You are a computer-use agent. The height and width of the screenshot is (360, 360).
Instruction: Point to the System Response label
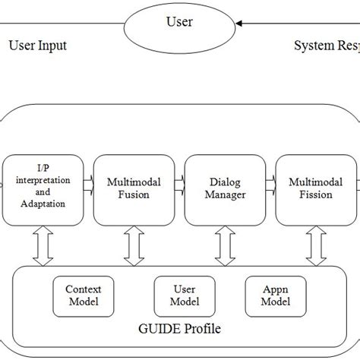point(327,46)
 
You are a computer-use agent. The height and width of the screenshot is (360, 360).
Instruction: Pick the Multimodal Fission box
point(310,189)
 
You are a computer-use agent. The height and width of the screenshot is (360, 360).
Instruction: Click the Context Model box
point(83,295)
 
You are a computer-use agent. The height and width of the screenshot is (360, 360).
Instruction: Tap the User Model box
point(179,295)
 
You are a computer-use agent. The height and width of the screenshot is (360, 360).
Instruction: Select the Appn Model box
point(276,295)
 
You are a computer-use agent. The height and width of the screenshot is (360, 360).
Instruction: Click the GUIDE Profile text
point(181,329)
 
